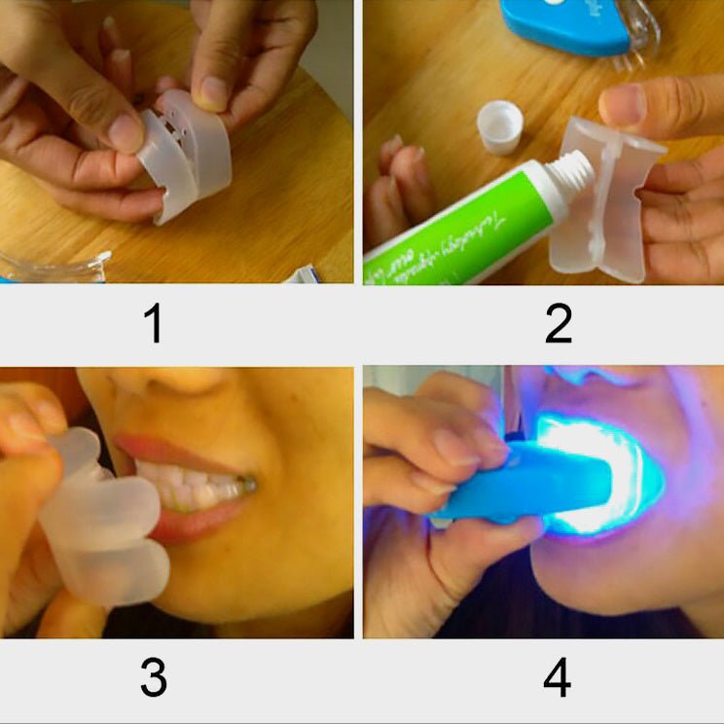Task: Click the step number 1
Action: click(153, 324)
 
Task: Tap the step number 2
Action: click(558, 324)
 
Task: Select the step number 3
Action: click(153, 678)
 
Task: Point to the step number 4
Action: click(557, 678)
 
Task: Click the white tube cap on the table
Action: click(500, 127)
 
